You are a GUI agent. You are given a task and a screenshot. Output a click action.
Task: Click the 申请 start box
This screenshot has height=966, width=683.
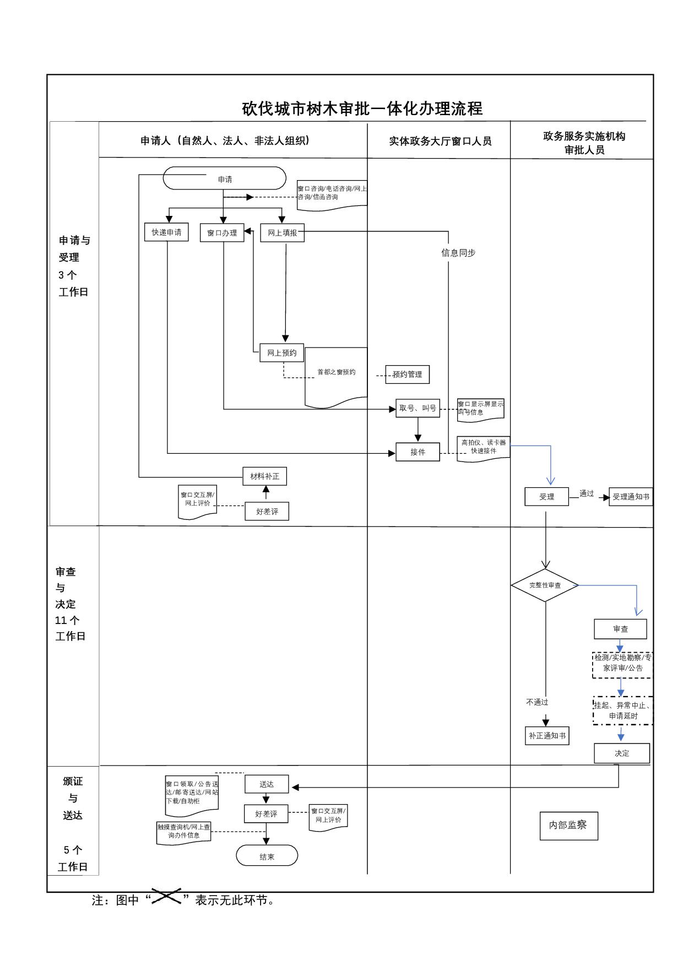point(225,179)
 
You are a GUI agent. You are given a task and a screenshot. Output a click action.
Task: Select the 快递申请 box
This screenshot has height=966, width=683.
point(166,232)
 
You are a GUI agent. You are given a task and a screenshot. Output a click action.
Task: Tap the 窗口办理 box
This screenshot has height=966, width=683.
point(222,233)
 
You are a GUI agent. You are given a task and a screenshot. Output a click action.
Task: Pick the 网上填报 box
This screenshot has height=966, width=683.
point(282,233)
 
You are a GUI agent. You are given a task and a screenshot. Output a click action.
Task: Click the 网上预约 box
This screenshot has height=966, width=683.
point(281,353)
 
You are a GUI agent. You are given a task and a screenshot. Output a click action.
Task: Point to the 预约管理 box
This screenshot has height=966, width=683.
point(407,375)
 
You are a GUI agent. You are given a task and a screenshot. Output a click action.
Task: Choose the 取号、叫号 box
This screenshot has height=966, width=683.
point(418,408)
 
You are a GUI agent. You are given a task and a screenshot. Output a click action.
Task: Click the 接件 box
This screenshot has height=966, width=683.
point(418,452)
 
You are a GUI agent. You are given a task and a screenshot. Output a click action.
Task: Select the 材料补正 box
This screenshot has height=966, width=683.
point(264,476)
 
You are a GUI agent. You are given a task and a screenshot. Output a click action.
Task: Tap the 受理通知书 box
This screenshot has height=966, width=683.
point(631,497)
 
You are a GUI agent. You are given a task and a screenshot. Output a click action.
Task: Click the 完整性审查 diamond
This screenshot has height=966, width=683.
point(545,585)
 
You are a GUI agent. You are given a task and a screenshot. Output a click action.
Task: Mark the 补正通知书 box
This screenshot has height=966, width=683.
point(547,736)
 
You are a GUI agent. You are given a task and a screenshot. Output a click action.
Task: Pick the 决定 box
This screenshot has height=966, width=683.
point(621,753)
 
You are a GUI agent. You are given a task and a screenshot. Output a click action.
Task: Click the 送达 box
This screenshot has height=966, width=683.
point(267,784)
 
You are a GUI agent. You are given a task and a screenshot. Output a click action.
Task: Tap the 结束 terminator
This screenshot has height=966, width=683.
point(267,856)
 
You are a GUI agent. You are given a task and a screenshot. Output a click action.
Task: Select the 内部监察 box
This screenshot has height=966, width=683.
point(568,825)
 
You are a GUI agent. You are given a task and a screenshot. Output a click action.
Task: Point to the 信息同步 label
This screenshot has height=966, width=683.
point(458,253)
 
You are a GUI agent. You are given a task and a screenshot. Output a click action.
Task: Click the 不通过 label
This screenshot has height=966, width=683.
point(537,702)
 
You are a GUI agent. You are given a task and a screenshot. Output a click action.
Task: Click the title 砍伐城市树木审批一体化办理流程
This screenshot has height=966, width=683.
point(362,108)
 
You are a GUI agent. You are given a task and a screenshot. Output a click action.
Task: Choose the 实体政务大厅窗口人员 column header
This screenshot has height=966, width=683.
point(440,142)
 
